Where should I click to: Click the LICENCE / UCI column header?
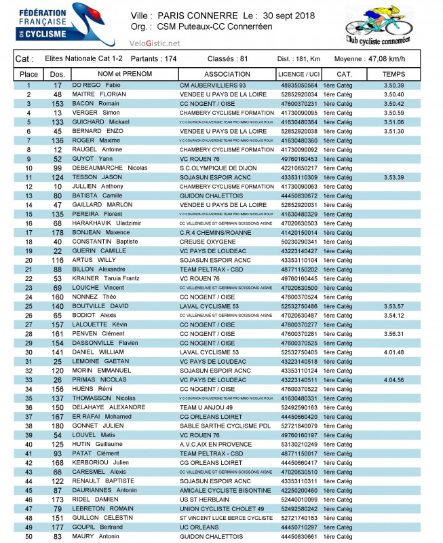[299, 73]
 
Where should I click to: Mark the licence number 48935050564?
[299, 85]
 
